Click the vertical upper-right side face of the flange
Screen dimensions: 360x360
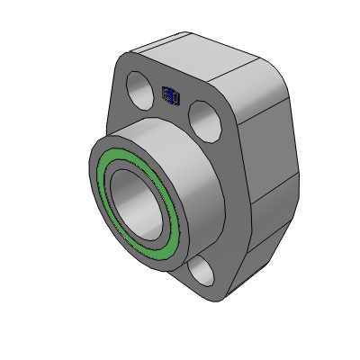click(270, 144)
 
